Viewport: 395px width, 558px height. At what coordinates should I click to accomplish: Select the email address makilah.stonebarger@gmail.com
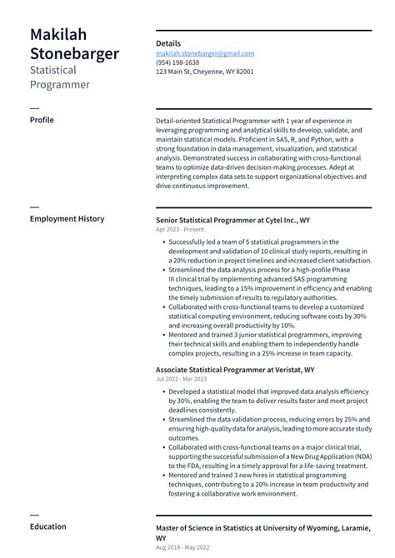205,53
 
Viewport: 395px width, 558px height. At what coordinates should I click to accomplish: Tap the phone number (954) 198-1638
177,62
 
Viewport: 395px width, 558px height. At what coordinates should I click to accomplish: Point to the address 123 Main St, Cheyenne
205,72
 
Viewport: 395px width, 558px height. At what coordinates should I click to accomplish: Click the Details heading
168,43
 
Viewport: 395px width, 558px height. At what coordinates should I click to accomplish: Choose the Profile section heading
42,120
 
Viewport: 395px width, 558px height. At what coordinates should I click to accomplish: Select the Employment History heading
67,219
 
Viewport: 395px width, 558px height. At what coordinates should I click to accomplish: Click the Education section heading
47,527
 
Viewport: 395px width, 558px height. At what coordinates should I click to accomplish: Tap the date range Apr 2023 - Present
179,229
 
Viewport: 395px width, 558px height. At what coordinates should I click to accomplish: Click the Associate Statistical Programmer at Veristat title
235,369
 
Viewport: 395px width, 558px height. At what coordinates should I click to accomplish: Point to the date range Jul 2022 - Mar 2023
182,379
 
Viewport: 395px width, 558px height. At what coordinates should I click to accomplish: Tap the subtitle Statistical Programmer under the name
61,77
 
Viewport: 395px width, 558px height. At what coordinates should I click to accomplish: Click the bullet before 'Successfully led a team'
161,242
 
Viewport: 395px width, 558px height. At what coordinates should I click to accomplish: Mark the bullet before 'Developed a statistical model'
161,391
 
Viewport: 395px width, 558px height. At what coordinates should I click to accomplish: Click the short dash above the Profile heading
34,108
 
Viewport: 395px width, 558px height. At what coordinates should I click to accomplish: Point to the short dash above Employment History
34,207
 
